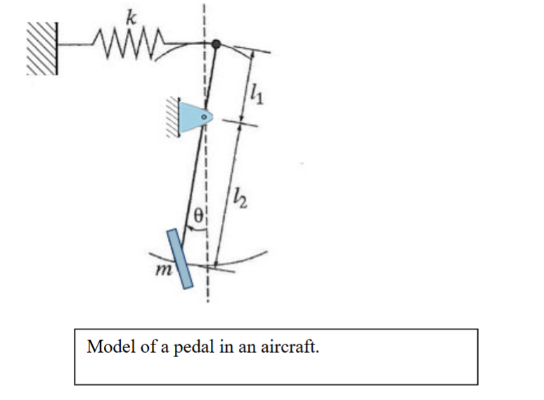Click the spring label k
click(131, 18)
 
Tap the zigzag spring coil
click(129, 44)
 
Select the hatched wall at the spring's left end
click(42, 49)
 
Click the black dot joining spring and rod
click(216, 44)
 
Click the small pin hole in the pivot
click(204, 117)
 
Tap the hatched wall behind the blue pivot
click(173, 117)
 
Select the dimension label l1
click(257, 94)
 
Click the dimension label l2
click(240, 198)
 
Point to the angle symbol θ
click(198, 215)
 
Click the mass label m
click(164, 270)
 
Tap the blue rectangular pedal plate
click(180, 258)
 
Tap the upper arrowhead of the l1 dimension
click(252, 54)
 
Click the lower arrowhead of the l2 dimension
click(216, 263)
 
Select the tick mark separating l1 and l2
click(240, 123)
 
